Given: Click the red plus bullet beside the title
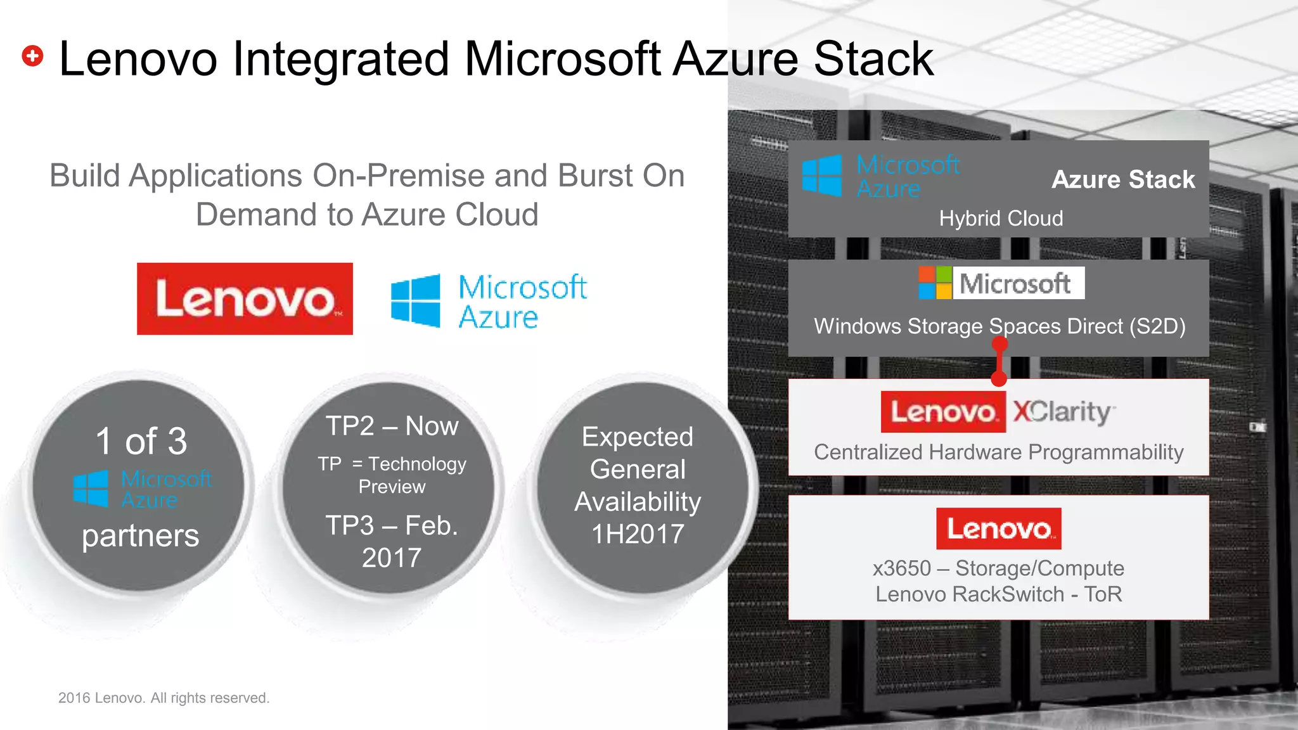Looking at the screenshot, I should click(x=32, y=56).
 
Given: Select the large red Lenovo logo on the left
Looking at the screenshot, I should click(x=245, y=298).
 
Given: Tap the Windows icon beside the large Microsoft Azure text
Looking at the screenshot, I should click(x=416, y=300).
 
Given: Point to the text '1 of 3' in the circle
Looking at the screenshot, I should click(x=141, y=441).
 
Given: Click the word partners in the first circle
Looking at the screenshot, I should click(x=141, y=536).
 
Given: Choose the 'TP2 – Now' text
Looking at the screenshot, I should click(x=392, y=426).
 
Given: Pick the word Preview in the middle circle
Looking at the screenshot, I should click(x=392, y=487).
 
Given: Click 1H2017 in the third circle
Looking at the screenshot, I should click(x=638, y=534).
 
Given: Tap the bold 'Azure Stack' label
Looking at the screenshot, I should click(x=1123, y=179).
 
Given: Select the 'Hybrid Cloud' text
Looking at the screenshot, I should click(x=1001, y=219).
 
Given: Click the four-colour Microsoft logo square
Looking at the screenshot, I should click(x=935, y=283).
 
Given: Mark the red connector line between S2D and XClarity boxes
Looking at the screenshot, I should click(x=999, y=362).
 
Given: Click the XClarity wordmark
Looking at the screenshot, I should click(x=1063, y=412).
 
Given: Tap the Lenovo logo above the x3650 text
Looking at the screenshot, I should click(x=998, y=528).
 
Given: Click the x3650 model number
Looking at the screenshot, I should click(x=901, y=568).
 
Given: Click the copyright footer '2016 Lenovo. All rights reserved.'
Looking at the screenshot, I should click(x=164, y=698).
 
